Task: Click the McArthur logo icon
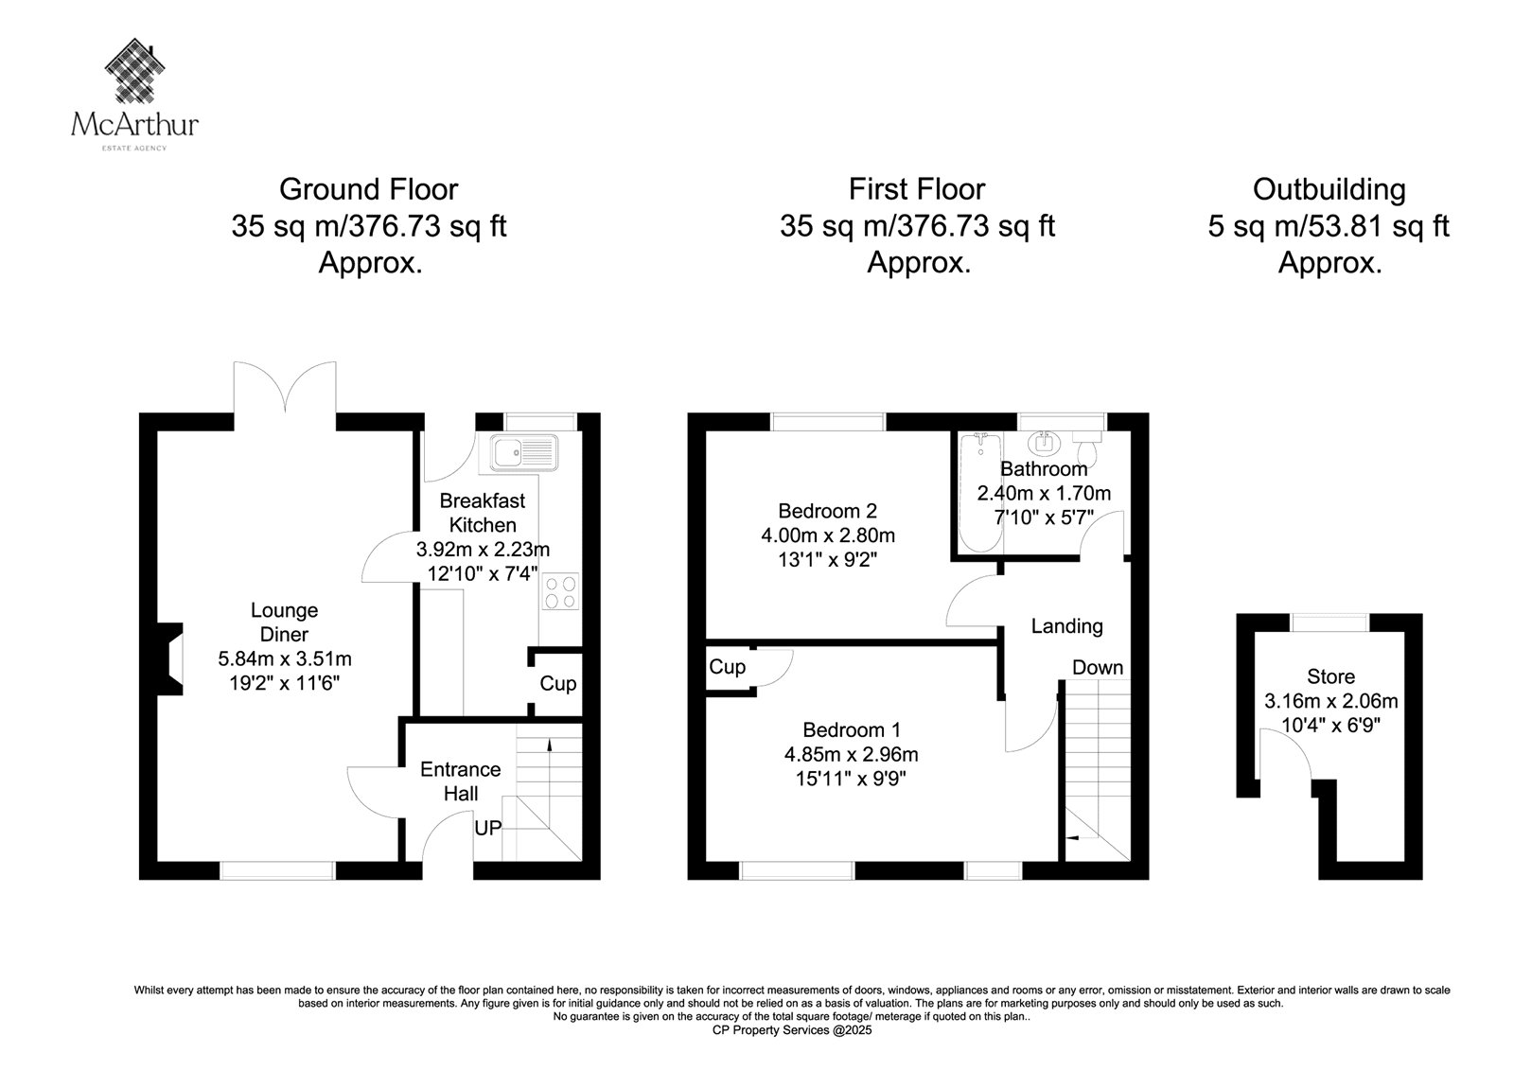click(135, 70)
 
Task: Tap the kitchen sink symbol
click(524, 452)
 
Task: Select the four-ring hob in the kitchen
click(560, 591)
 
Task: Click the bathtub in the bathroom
click(980, 493)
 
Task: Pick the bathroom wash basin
click(1045, 443)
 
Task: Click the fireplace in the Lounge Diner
click(169, 659)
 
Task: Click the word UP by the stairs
click(488, 828)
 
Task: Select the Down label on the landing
click(1098, 668)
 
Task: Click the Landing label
click(1066, 626)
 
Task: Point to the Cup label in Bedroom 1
click(727, 666)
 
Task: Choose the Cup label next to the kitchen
click(557, 683)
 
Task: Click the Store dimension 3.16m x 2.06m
click(1330, 701)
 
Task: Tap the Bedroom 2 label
click(827, 511)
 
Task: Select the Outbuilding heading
click(1329, 190)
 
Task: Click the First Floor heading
click(917, 189)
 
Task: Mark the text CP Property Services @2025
click(792, 1030)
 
